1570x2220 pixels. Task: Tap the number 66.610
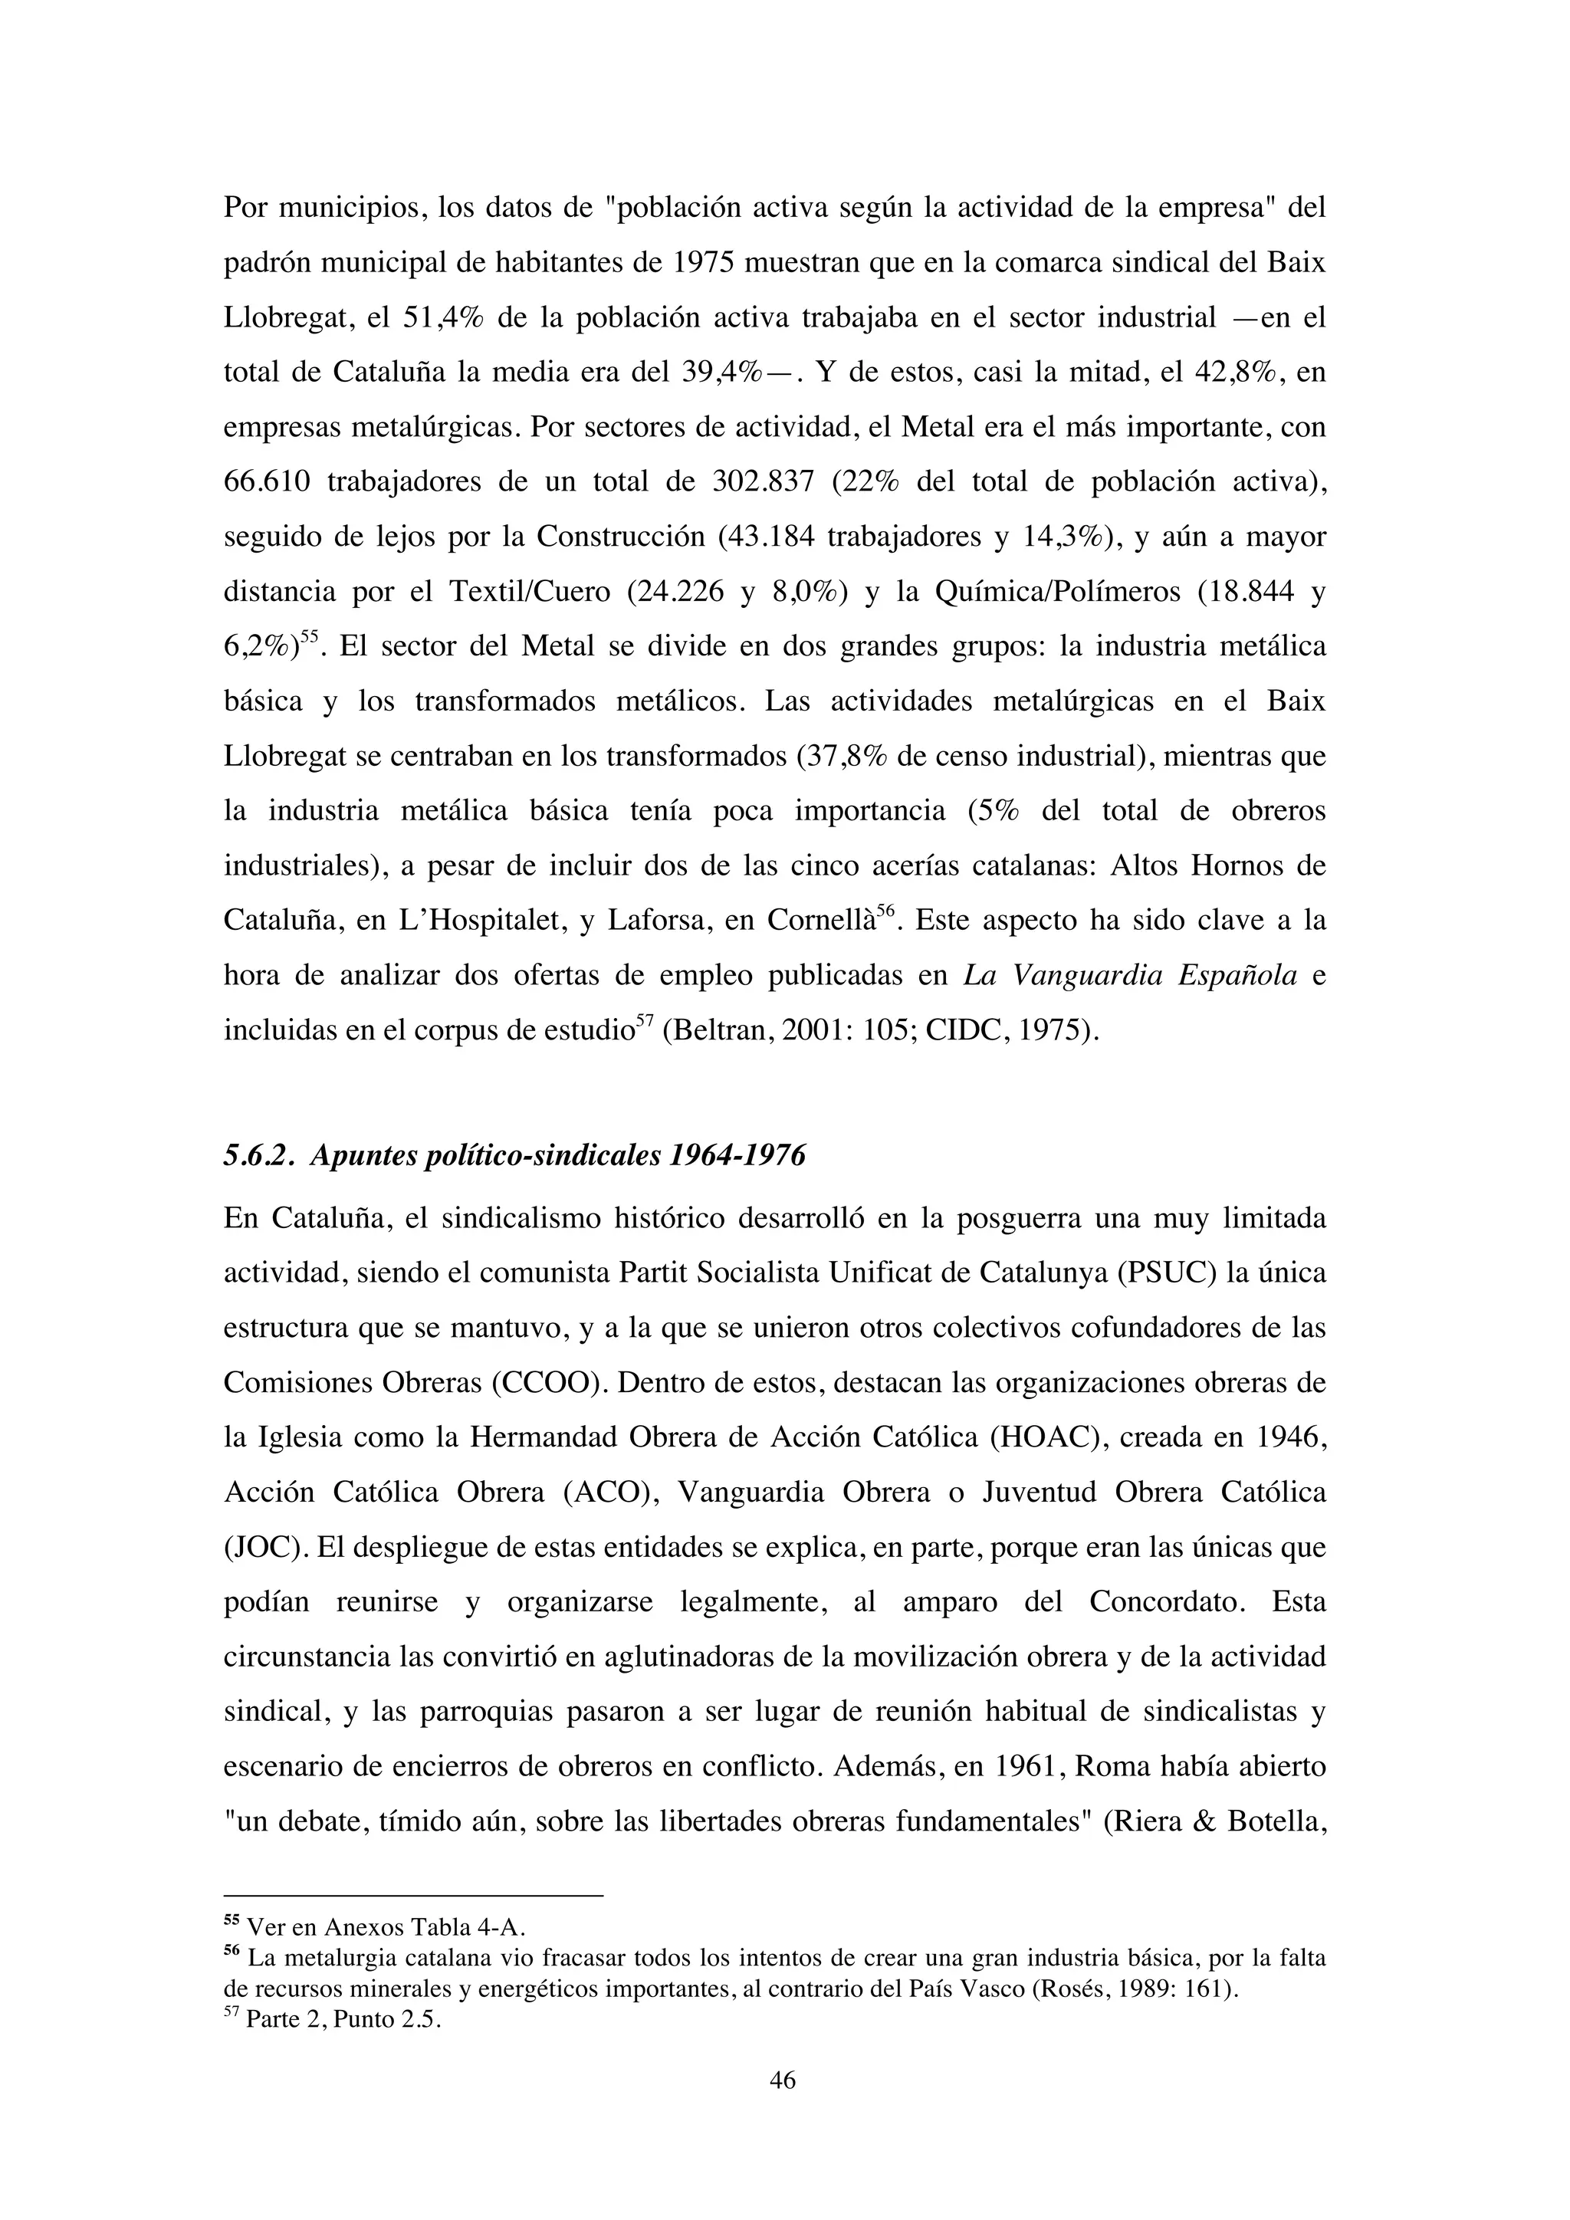point(267,481)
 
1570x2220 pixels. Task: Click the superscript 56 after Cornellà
point(886,909)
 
